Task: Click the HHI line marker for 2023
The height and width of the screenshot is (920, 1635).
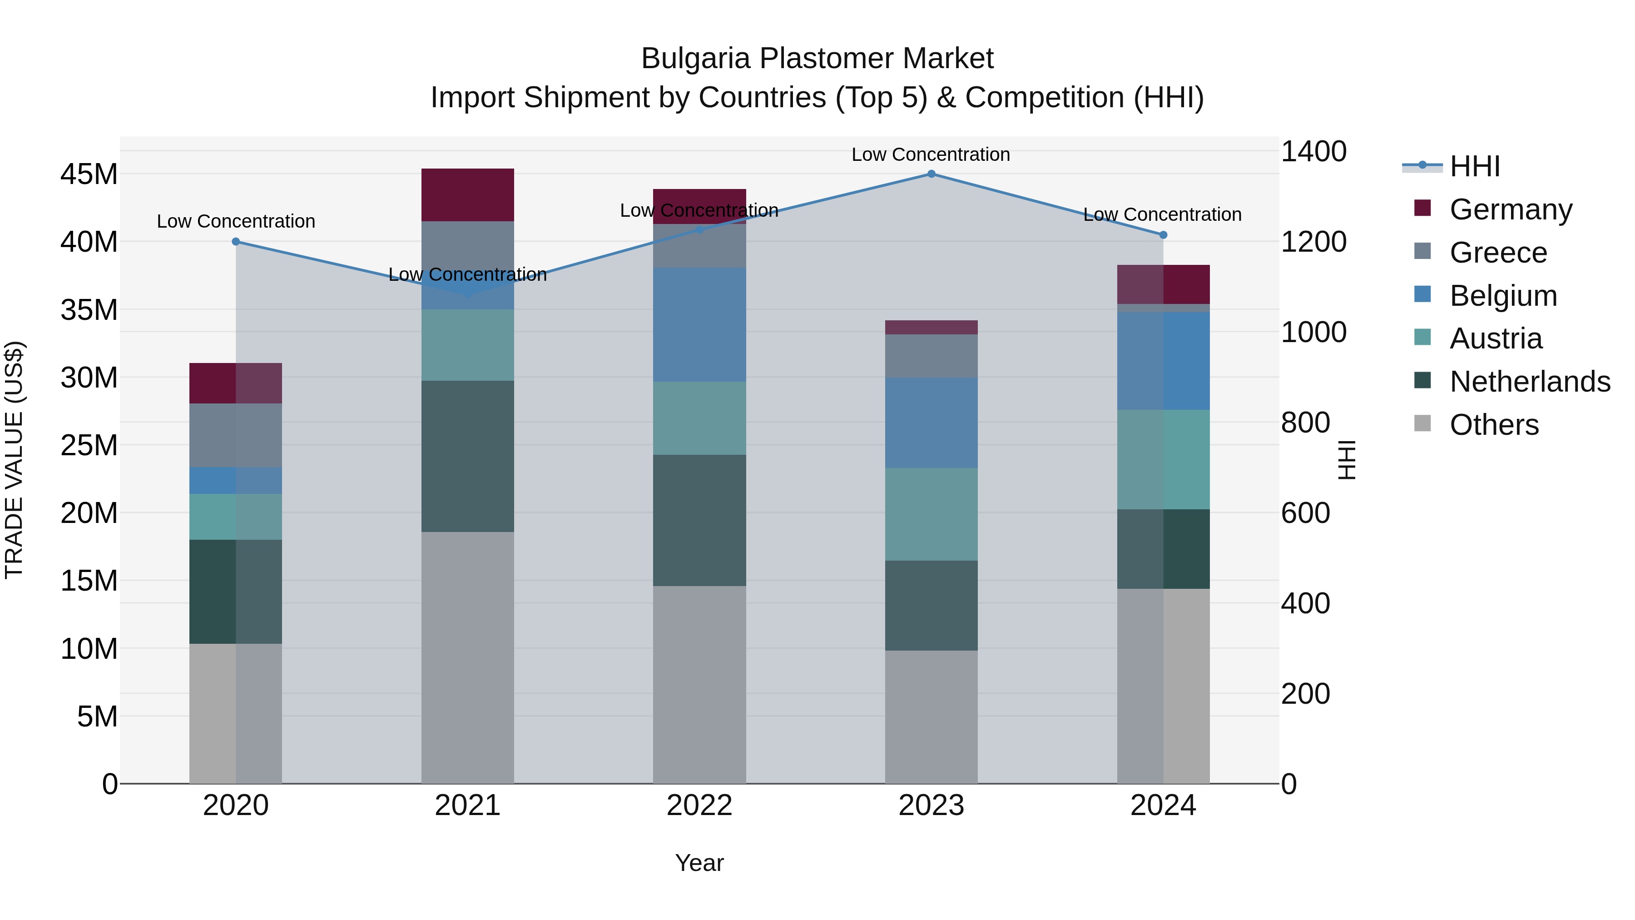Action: coord(931,174)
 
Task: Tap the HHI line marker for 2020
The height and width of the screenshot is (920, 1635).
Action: coord(236,241)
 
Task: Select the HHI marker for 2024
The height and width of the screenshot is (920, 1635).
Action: coord(1163,235)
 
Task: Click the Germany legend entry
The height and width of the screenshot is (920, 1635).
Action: coord(1511,209)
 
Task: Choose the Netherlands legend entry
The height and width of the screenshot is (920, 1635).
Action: coord(1530,382)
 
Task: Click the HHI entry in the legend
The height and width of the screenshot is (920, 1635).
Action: coord(1474,166)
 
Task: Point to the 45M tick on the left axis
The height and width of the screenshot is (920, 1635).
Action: coord(89,174)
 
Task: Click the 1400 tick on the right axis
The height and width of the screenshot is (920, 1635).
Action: coord(1313,152)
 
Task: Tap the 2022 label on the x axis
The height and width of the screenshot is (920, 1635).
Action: coord(699,806)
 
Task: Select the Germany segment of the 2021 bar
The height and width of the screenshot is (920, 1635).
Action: coord(468,194)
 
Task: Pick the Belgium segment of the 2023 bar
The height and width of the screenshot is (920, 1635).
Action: coord(931,423)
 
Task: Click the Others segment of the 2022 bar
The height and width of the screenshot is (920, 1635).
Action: coord(699,685)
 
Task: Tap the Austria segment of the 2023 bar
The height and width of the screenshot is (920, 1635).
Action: coord(931,514)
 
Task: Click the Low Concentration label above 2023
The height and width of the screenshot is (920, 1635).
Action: coord(931,154)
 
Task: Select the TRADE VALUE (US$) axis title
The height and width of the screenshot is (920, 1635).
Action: coord(14,460)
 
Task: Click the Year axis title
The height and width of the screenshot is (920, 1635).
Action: coord(699,863)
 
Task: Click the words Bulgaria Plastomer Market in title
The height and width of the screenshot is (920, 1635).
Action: coord(817,59)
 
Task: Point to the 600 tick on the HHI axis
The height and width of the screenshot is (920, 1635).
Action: coord(1305,513)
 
